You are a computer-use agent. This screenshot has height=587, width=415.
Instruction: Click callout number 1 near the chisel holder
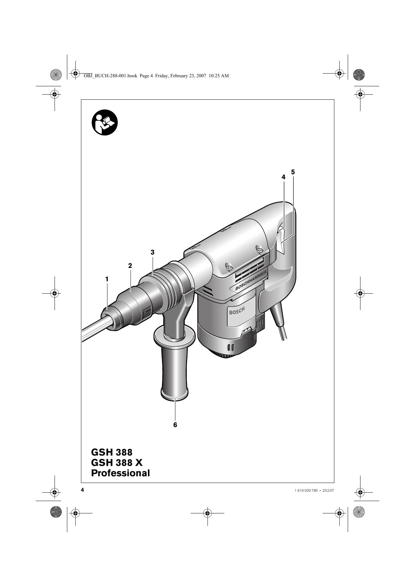click(107, 279)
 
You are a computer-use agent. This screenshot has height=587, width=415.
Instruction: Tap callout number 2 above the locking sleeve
click(130, 266)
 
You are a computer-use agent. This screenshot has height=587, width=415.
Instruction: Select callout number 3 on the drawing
click(153, 252)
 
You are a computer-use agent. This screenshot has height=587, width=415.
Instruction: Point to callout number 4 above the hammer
click(283, 177)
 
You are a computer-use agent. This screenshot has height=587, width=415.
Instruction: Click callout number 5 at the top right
click(293, 172)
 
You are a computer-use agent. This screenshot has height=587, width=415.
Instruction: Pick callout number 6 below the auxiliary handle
click(175, 425)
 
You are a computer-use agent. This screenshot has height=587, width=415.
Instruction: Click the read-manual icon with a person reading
click(104, 122)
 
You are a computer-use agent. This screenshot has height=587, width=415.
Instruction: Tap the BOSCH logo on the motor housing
click(237, 311)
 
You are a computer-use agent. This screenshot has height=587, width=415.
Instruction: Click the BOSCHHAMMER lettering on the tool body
click(251, 281)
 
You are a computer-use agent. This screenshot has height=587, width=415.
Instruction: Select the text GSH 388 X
click(117, 463)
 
